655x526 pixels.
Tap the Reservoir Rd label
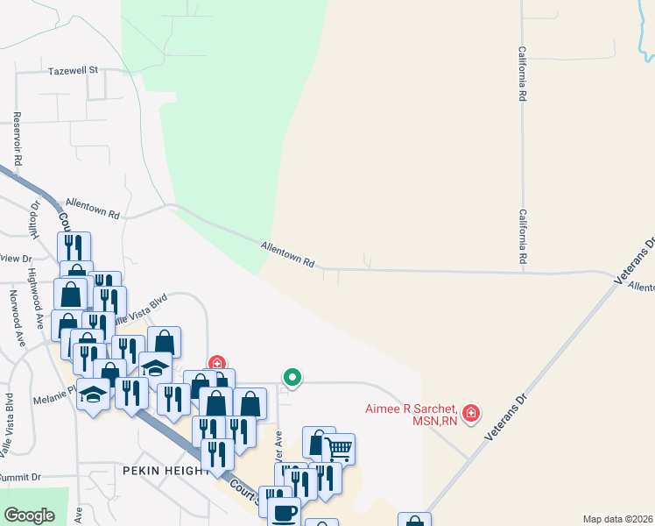pyautogui.click(x=17, y=139)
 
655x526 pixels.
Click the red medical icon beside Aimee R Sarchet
pyautogui.click(x=472, y=412)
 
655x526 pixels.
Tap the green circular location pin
pyautogui.click(x=292, y=378)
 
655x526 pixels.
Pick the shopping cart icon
pyautogui.click(x=339, y=449)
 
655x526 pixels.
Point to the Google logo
pyautogui.click(x=29, y=515)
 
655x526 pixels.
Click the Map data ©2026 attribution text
pyautogui.click(x=617, y=519)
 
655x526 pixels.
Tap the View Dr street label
pyautogui.click(x=15, y=259)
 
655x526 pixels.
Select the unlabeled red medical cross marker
pyautogui.click(x=216, y=363)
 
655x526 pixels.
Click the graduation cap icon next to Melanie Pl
pyautogui.click(x=93, y=394)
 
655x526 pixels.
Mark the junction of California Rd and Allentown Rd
pyautogui.click(x=523, y=272)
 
